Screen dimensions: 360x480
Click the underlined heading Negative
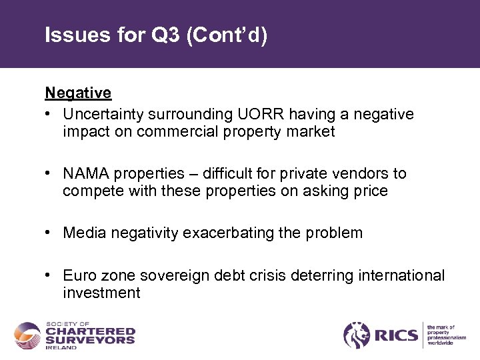[78, 93]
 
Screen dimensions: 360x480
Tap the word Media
[83, 233]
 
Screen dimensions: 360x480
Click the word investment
[101, 293]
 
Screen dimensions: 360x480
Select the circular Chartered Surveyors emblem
[27, 335]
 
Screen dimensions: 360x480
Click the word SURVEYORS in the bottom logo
[90, 339]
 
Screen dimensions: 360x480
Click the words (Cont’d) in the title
[227, 35]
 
